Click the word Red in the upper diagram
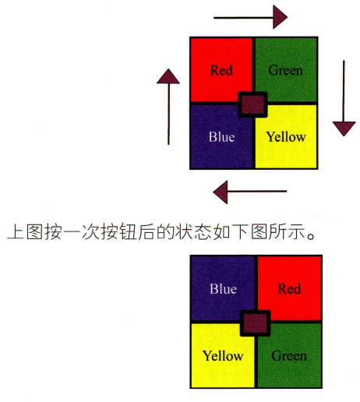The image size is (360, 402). click(221, 70)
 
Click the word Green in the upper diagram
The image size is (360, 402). click(286, 70)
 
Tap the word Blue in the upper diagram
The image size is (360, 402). click(221, 136)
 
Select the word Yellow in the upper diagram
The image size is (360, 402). click(286, 136)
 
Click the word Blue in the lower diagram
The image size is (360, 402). click(223, 288)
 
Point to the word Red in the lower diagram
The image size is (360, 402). click(289, 288)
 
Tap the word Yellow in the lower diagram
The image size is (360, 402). click(223, 355)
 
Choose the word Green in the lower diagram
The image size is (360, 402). click(289, 355)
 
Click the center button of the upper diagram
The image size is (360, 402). click(253, 104)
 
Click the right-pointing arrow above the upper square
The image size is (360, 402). click(251, 17)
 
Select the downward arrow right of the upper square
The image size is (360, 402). click(344, 98)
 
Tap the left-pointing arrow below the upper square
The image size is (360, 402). click(250, 192)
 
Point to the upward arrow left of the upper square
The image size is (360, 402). click(168, 107)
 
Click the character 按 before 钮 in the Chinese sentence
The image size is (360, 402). click(110, 231)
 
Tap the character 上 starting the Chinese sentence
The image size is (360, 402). click(16, 231)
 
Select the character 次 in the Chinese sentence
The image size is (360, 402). click(90, 231)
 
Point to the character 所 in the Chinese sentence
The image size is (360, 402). click(278, 231)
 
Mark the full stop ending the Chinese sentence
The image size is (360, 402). click(311, 236)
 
